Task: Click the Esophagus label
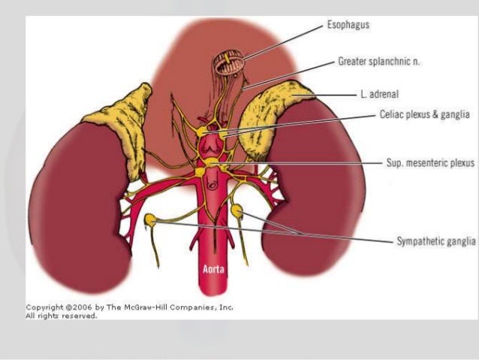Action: click(348, 26)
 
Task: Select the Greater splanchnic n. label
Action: click(379, 62)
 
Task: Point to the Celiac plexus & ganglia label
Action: click(424, 115)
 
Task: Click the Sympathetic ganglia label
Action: click(435, 241)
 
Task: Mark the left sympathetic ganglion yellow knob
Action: click(152, 219)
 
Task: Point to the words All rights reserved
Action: click(62, 316)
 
